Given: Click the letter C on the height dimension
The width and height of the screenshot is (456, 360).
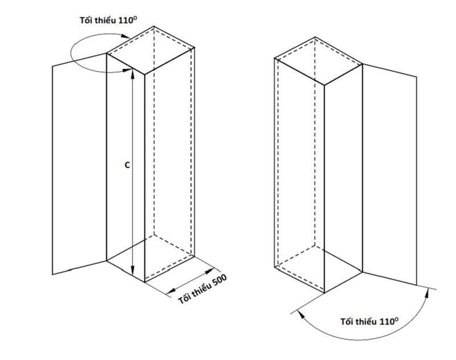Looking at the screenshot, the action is tap(127, 165).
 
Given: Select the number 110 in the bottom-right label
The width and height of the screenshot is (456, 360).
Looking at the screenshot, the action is tap(387, 322).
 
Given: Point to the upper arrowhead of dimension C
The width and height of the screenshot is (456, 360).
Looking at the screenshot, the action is tap(133, 73).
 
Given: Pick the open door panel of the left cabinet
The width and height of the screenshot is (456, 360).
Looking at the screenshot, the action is tap(79, 164).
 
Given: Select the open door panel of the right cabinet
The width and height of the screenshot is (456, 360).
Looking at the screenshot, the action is tap(389, 174).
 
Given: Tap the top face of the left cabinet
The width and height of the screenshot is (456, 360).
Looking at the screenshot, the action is tap(150, 50).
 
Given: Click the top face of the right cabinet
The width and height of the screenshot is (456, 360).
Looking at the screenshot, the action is tap(319, 61).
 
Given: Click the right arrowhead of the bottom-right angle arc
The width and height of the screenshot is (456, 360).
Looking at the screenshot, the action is tap(427, 293).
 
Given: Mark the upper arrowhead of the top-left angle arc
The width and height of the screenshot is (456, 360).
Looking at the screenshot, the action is tap(125, 36).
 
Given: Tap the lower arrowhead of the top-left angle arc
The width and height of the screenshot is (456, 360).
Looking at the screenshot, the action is tap(127, 70).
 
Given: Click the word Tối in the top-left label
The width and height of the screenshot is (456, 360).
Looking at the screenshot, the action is tap(86, 21).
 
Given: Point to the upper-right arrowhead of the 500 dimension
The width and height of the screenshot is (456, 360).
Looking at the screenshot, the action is tap(210, 272).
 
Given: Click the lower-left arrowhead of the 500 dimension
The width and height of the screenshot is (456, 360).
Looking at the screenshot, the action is tap(172, 289).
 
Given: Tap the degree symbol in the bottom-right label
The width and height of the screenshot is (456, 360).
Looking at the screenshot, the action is tap(396, 319).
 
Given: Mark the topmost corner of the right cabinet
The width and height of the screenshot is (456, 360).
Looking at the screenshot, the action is tap(315, 37).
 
